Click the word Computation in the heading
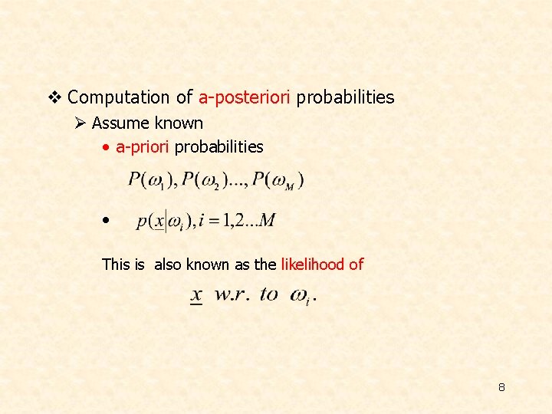pyautogui.click(x=118, y=98)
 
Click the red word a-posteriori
pyautogui.click(x=245, y=98)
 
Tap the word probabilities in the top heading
pyautogui.click(x=345, y=98)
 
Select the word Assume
pyautogui.click(x=120, y=123)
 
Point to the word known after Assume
pyautogui.click(x=179, y=123)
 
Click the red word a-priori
pyautogui.click(x=143, y=147)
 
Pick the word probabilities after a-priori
pyautogui.click(x=219, y=147)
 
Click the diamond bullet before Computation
pyautogui.click(x=54, y=97)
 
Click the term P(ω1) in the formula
pyautogui.click(x=146, y=181)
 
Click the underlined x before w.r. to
pyautogui.click(x=197, y=295)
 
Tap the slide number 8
pyautogui.click(x=501, y=387)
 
